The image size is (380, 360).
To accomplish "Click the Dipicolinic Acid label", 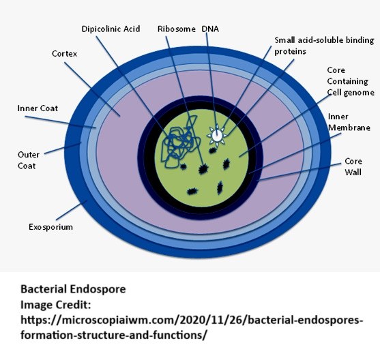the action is (111, 29).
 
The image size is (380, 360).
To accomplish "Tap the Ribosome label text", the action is (177, 29).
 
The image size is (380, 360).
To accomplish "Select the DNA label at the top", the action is (210, 29).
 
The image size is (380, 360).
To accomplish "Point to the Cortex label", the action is (64, 54).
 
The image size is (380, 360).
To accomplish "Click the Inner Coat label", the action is (38, 108).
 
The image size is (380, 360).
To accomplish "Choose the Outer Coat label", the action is (29, 160).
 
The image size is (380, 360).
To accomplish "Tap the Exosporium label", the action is (50, 227).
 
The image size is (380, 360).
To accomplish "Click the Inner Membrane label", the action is (349, 122).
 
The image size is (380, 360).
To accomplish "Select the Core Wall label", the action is (353, 166).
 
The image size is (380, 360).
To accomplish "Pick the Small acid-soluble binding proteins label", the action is (324, 46).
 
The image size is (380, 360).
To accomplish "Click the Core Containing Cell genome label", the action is (351, 81).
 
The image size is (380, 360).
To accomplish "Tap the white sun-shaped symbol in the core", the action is (217, 136).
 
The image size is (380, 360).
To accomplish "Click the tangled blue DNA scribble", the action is (180, 142).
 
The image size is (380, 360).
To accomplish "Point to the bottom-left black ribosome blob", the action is (192, 192).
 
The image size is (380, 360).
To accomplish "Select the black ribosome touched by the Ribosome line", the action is (203, 169).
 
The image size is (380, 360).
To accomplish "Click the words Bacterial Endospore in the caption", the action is (73, 289).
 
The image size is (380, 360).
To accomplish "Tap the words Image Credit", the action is (56, 305).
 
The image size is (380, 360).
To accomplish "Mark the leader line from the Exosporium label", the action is (72, 210).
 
